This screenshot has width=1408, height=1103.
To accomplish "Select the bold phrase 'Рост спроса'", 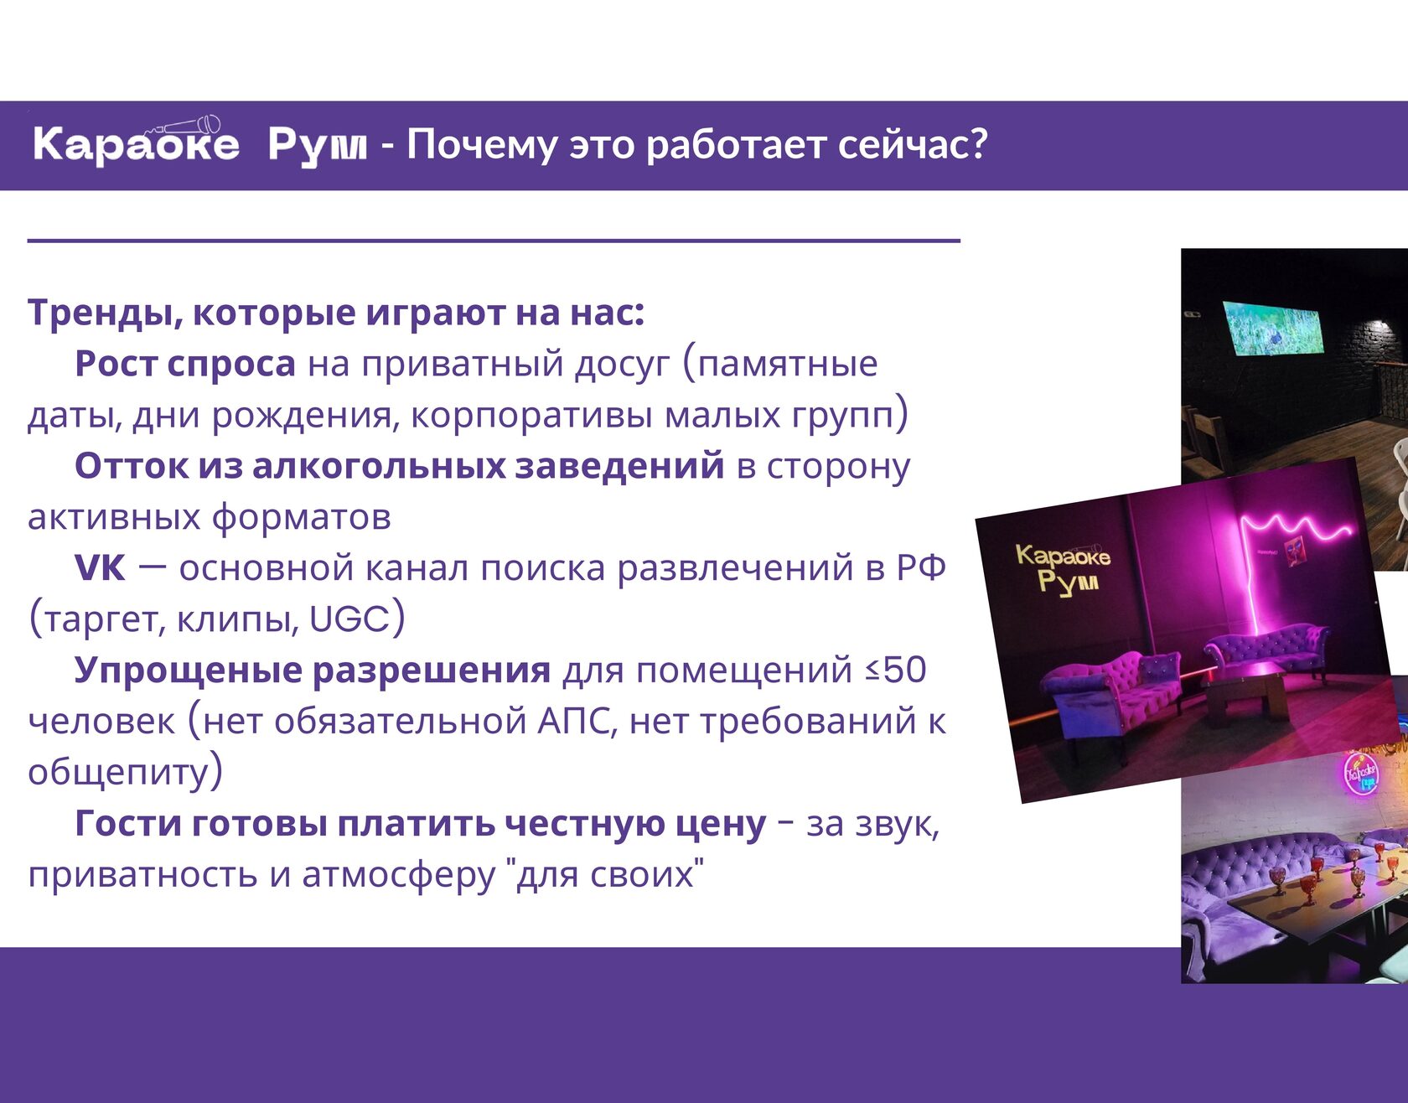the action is coord(185,365).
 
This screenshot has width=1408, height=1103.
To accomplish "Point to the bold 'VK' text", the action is coord(100,568).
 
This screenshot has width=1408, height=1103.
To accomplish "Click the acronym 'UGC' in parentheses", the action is coord(349,619).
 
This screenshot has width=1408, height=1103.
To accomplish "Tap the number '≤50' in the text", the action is coord(896,671).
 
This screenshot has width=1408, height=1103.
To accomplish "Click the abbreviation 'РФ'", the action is coord(921,568).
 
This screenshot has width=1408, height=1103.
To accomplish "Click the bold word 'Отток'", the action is coord(132,466).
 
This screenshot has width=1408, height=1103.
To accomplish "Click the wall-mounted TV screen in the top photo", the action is coord(1273,328).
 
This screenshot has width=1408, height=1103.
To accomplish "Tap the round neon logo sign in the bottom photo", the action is coord(1360,774).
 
